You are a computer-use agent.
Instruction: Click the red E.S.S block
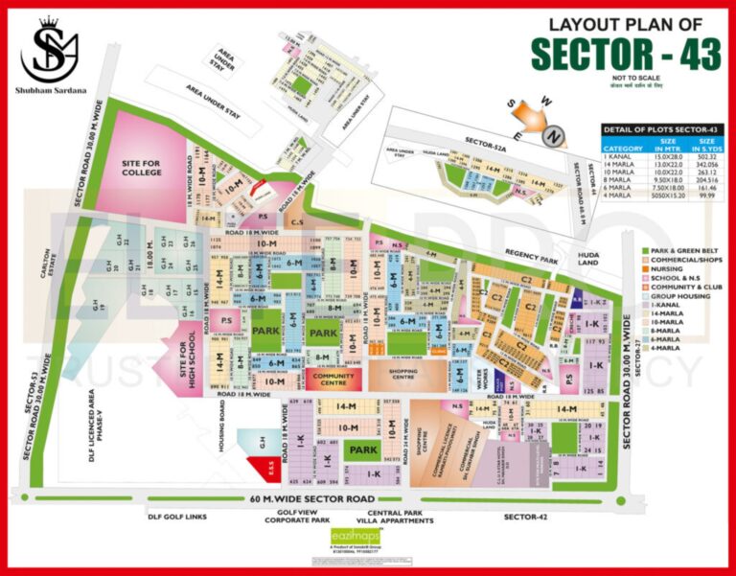click(269, 470)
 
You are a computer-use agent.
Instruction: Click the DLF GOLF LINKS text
click(177, 518)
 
